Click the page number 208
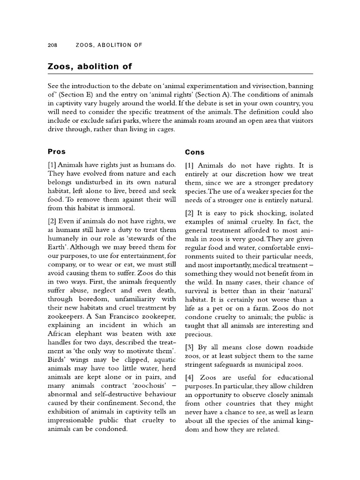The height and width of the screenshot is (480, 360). click(x=52, y=45)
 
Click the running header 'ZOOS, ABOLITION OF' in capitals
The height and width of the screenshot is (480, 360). click(x=109, y=45)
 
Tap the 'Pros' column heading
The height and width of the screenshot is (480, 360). click(x=57, y=152)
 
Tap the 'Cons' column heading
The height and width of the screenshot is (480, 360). click(x=195, y=152)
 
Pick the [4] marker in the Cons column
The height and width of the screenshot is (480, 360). click(x=190, y=377)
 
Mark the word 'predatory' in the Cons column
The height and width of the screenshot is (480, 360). click(x=297, y=182)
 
